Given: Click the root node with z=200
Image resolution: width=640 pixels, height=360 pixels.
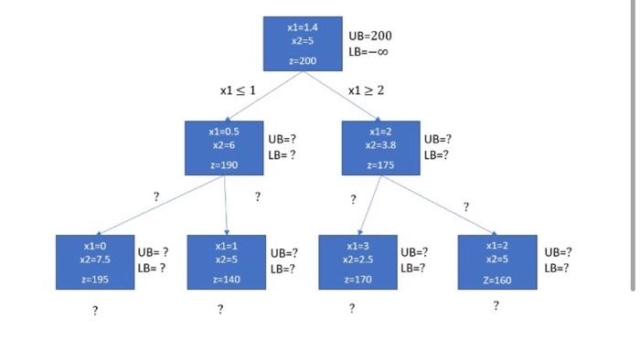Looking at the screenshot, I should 302,44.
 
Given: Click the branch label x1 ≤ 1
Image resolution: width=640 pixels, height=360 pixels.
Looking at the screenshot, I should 238,90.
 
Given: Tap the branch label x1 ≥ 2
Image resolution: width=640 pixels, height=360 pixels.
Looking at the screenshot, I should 367,90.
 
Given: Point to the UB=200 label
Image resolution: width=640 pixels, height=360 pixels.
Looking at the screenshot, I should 369,36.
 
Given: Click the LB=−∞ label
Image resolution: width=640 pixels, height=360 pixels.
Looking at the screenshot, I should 369,52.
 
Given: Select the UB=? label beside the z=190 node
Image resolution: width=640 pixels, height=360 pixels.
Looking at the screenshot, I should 282,140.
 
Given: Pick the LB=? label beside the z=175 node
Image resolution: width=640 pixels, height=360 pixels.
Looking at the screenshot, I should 436,155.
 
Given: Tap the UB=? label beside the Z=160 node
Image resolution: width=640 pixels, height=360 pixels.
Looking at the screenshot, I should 558,252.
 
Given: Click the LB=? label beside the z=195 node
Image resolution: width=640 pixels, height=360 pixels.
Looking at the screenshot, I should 151,268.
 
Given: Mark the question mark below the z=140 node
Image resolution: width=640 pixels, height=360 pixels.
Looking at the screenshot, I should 220,310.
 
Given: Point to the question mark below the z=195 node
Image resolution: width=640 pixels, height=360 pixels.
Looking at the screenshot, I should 94,311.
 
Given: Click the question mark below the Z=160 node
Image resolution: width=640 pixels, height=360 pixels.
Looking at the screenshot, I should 496,306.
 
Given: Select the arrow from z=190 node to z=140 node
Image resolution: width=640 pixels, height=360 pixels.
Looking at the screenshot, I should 225,206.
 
